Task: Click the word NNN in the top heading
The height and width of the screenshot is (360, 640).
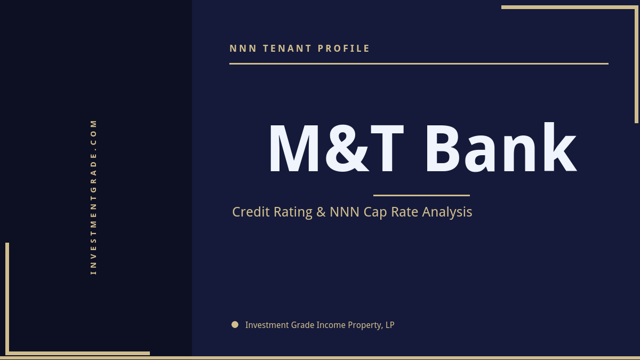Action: (243, 49)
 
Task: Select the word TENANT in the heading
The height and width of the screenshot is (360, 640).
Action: (287, 49)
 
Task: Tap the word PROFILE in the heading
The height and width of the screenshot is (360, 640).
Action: (344, 49)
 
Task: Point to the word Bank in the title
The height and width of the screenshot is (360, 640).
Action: (500, 149)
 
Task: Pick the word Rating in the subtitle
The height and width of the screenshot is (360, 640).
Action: (293, 212)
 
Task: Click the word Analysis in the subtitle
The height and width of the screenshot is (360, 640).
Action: (447, 212)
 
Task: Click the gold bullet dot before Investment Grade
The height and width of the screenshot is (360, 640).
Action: (235, 324)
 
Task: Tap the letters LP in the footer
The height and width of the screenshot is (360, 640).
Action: (390, 325)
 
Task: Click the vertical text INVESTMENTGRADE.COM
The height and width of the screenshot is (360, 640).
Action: (94, 196)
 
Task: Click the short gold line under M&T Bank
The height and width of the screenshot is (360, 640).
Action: (421, 195)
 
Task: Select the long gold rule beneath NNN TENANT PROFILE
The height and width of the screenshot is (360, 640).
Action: (419, 63)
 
